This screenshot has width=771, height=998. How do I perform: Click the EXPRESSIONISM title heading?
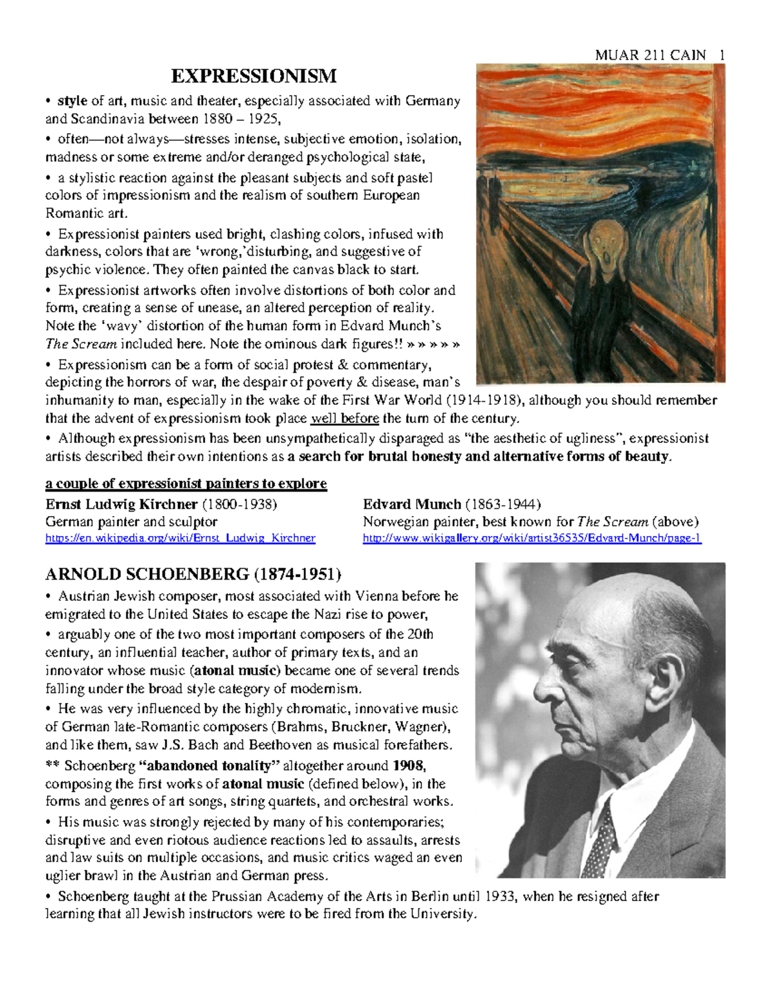tap(254, 76)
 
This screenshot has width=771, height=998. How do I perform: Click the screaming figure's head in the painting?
tap(602, 237)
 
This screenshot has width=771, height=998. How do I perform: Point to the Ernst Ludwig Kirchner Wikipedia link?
tap(180, 538)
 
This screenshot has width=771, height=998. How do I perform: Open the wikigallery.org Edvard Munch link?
tap(532, 538)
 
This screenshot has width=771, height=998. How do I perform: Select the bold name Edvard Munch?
tap(412, 504)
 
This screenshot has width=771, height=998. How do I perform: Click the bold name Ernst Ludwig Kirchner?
tap(121, 504)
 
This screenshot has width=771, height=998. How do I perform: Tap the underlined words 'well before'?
tap(344, 418)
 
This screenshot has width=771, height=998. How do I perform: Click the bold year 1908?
tap(409, 765)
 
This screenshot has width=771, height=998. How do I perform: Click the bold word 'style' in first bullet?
tap(72, 101)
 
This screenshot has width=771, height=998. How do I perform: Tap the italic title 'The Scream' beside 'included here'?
tap(81, 344)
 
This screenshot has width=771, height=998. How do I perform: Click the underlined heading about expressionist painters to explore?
tap(186, 483)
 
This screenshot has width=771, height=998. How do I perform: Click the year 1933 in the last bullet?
tap(501, 896)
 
